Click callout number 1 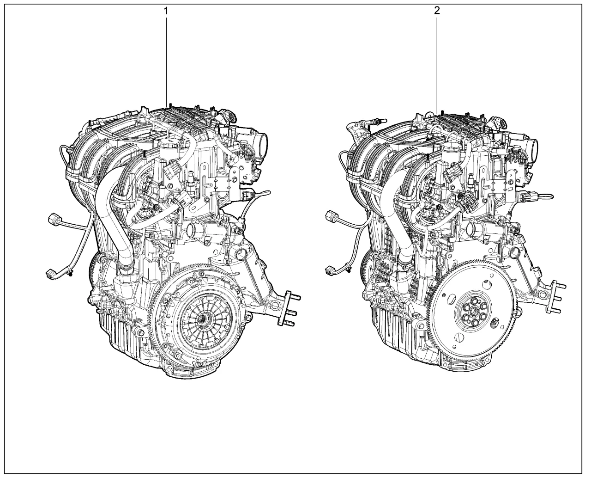tap(166, 12)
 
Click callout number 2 tap(437, 11)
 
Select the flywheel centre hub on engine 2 tap(474, 312)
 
